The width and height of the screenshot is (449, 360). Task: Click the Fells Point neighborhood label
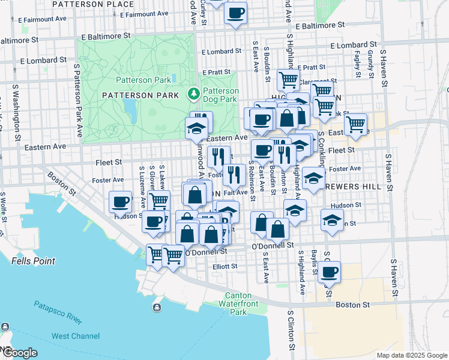click(33, 261)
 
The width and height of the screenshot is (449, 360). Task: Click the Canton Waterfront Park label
click(243, 304)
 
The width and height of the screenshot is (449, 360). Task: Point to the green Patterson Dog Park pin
click(193, 94)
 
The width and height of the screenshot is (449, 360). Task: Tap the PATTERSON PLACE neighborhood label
click(92, 4)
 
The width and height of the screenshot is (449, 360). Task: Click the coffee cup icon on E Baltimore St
click(236, 13)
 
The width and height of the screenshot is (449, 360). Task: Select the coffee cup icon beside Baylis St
click(329, 273)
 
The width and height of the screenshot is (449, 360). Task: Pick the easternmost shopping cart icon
click(356, 124)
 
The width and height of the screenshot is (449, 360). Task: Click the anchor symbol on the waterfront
click(157, 308)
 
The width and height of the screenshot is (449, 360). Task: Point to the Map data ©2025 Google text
click(412, 355)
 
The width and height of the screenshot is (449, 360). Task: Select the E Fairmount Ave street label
click(43, 20)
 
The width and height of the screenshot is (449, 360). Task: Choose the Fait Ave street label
click(235, 193)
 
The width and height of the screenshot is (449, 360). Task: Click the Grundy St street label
click(371, 61)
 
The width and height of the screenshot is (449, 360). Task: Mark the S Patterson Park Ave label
click(77, 94)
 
